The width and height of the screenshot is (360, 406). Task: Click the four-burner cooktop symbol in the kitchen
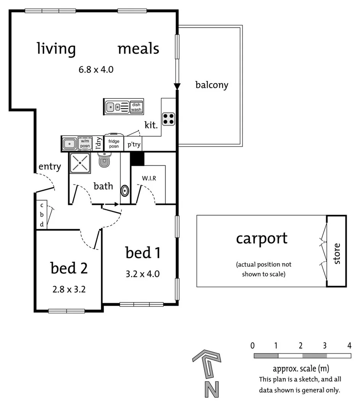(169, 119)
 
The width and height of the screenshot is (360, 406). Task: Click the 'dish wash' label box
(136, 107)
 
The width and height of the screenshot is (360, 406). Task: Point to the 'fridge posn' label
(114, 144)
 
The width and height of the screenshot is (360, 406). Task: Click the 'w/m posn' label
(85, 144)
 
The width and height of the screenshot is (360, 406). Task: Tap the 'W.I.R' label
(149, 178)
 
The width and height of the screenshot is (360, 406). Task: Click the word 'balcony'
(211, 85)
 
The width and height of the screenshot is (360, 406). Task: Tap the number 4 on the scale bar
(349, 346)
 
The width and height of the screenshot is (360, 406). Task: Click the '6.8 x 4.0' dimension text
(96, 69)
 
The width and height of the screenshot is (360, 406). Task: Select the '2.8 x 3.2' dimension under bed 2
(69, 289)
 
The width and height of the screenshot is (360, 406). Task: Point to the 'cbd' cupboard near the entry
(42, 214)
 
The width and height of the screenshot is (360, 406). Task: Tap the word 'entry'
(50, 167)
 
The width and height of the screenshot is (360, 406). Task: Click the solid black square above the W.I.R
(137, 158)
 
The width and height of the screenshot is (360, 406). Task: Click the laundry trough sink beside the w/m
(69, 144)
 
